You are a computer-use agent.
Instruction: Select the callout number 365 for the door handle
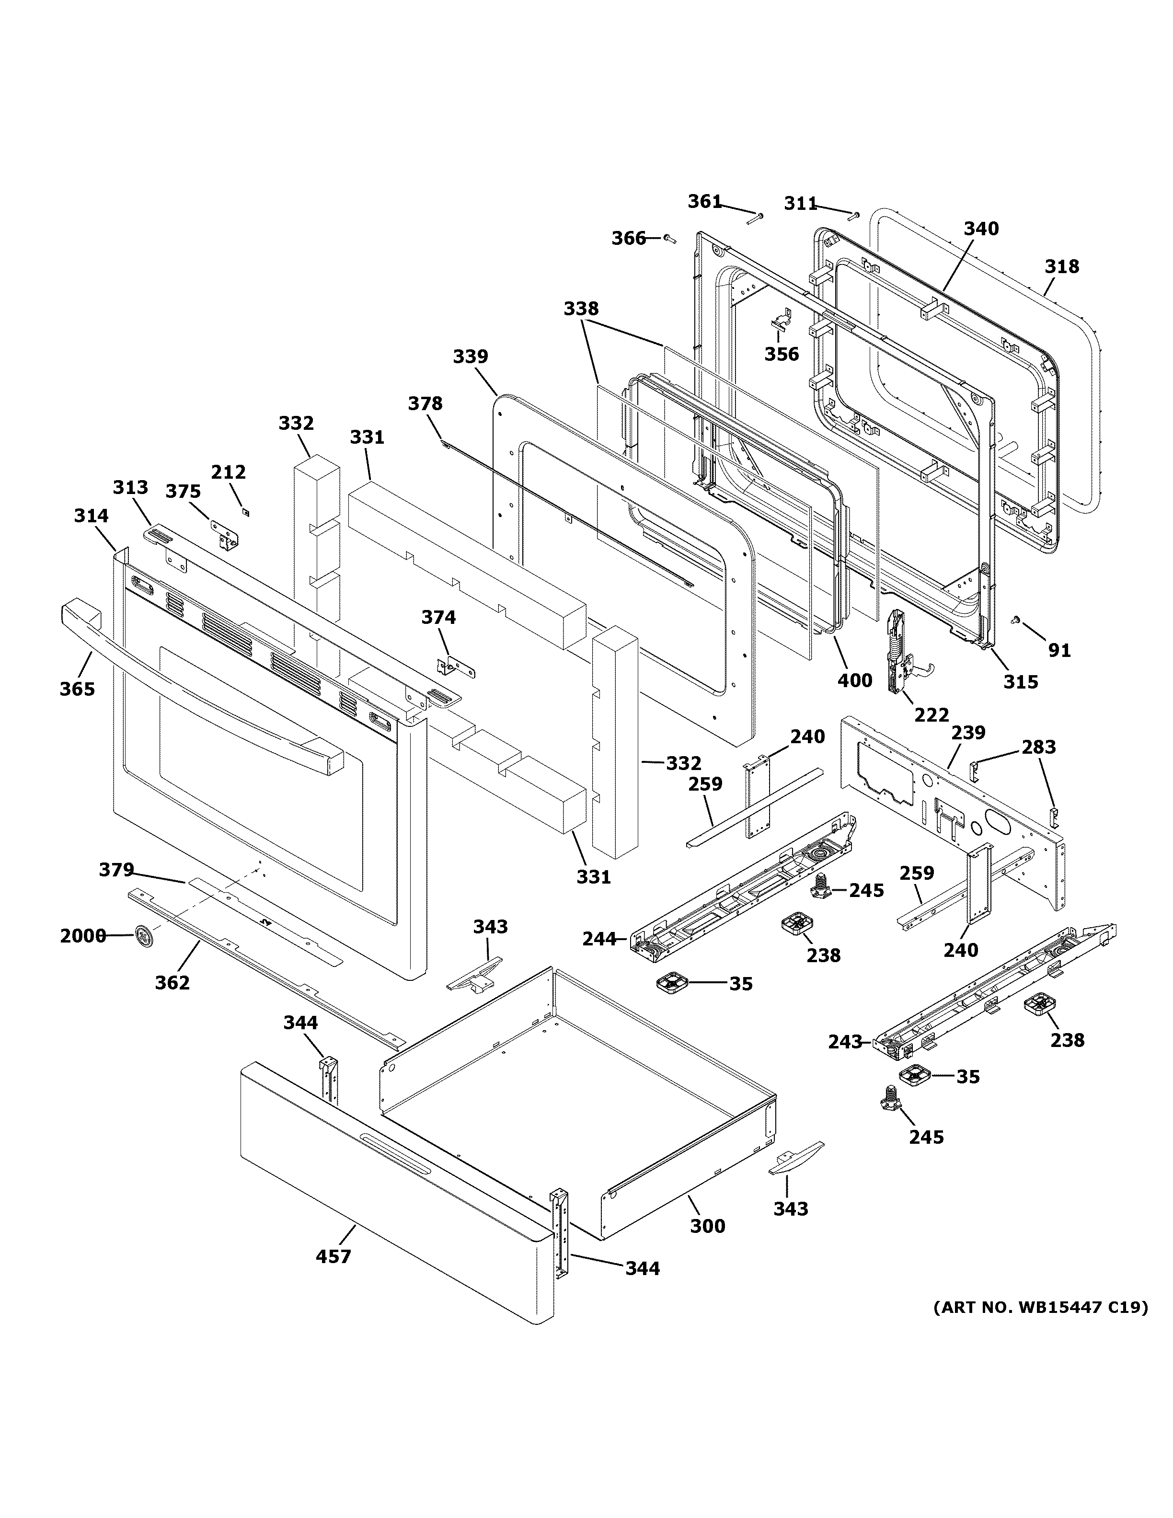(77, 689)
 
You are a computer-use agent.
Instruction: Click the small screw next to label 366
(670, 239)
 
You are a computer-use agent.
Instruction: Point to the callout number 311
(801, 203)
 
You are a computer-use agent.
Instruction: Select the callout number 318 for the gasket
(1062, 266)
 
